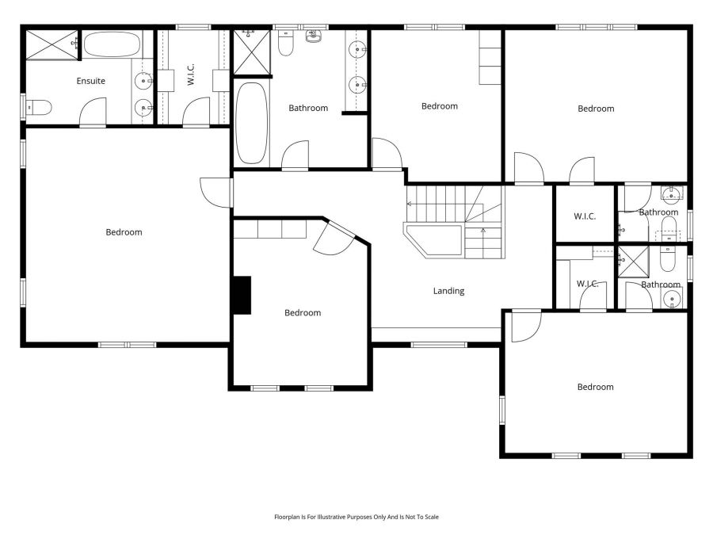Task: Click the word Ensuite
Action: click(x=90, y=81)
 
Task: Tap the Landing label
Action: click(x=448, y=291)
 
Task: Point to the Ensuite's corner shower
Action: click(x=52, y=44)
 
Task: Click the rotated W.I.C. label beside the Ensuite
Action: click(x=191, y=75)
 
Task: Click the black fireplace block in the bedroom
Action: click(x=242, y=295)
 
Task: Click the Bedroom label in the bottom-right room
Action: click(x=595, y=387)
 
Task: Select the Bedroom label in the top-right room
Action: click(x=596, y=109)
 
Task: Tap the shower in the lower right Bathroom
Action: click(x=633, y=261)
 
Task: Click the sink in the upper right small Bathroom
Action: click(x=671, y=195)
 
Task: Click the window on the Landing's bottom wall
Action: click(x=439, y=344)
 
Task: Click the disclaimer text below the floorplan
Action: click(x=356, y=517)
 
